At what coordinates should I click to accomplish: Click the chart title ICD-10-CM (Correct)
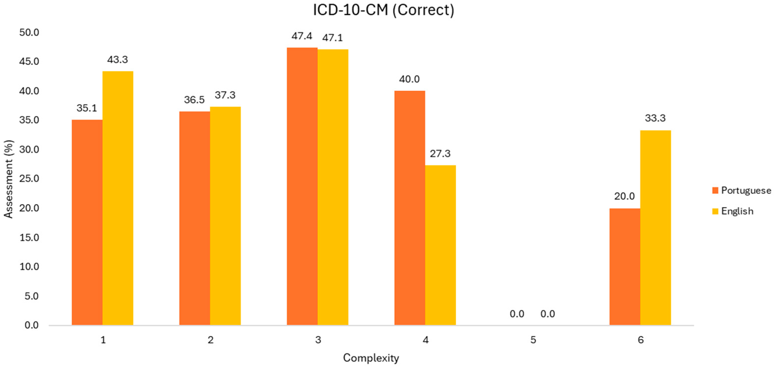pyautogui.click(x=383, y=10)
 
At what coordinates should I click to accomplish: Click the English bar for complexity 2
pyautogui.click(x=225, y=216)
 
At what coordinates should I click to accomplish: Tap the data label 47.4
pyautogui.click(x=302, y=36)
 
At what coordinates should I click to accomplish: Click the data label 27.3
pyautogui.click(x=440, y=154)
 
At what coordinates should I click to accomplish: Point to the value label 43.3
pyautogui.click(x=118, y=60)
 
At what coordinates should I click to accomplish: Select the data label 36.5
pyautogui.click(x=194, y=100)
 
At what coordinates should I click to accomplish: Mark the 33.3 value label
pyautogui.click(x=655, y=118)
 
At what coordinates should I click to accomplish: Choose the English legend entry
pyautogui.click(x=737, y=211)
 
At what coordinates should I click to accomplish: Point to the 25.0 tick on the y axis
pyautogui.click(x=29, y=179)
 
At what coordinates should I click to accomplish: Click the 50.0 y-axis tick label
pyautogui.click(x=29, y=32)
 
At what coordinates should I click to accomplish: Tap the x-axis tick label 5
pyautogui.click(x=533, y=340)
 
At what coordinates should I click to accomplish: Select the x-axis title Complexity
pyautogui.click(x=371, y=358)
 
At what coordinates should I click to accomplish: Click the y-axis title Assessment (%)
pyautogui.click(x=9, y=179)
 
